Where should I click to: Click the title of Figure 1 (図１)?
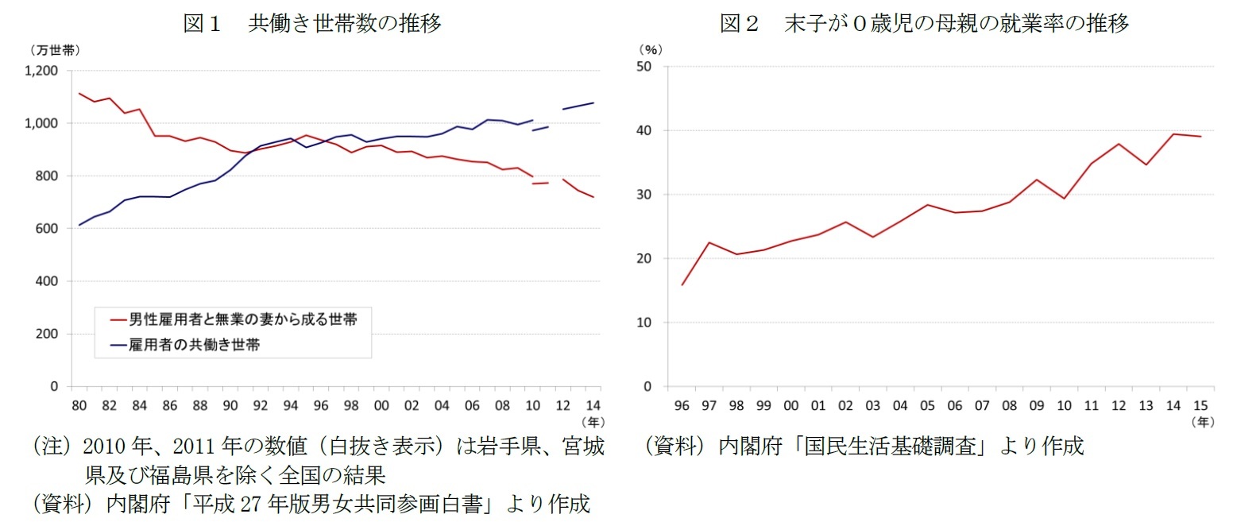click(312, 23)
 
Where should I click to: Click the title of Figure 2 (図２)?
click(924, 23)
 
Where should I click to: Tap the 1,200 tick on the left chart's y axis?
click(41, 71)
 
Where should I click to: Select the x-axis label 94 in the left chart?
click(291, 405)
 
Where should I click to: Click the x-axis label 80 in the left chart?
click(79, 405)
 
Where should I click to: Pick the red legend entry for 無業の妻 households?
click(234, 319)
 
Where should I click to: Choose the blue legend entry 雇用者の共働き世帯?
click(186, 345)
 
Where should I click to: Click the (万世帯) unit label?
click(55, 50)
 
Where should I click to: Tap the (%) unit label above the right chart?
click(650, 49)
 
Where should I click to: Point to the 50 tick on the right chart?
click(644, 67)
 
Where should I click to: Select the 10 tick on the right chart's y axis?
click(644, 323)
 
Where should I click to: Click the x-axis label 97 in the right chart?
click(709, 405)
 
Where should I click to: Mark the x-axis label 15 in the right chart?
click(1200, 405)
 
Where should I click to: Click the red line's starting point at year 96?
click(682, 284)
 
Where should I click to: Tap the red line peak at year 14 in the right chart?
click(1173, 133)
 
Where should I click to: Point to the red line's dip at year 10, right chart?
click(1064, 198)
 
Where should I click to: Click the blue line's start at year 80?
click(79, 225)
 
